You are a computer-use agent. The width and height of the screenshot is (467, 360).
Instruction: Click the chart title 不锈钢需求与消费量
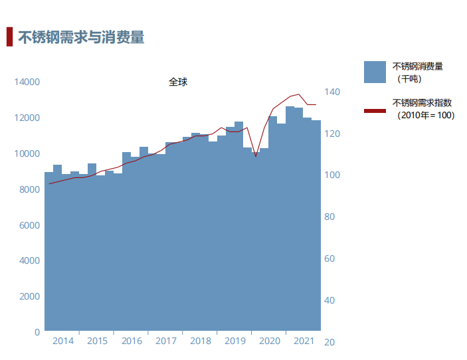(81, 38)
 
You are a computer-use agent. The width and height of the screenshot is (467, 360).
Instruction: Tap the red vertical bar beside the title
(9, 37)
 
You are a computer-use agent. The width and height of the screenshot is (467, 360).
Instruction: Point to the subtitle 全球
(178, 82)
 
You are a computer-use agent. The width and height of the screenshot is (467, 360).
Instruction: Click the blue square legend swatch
(375, 72)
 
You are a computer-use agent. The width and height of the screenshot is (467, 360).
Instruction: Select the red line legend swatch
(375, 110)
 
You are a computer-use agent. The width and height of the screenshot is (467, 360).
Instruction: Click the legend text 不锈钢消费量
(418, 66)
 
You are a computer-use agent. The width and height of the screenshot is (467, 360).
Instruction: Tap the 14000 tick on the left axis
(27, 82)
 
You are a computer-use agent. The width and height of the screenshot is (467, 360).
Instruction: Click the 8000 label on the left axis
(29, 189)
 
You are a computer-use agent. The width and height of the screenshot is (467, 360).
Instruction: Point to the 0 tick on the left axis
(37, 331)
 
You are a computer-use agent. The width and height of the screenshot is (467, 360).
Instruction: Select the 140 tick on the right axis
(332, 92)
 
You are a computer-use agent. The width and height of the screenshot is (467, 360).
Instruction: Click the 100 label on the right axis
(332, 175)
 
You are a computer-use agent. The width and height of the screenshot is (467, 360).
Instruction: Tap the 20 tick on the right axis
(329, 342)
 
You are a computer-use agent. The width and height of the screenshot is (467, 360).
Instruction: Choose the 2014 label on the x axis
(63, 341)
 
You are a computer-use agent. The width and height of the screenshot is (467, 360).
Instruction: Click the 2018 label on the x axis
(201, 341)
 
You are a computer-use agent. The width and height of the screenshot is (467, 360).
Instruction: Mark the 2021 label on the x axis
(304, 341)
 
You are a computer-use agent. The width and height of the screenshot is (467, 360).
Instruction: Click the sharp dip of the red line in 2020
(256, 157)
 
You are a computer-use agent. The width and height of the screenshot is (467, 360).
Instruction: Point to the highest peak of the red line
(298, 94)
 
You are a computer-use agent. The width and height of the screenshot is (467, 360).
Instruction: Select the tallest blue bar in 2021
(290, 219)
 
